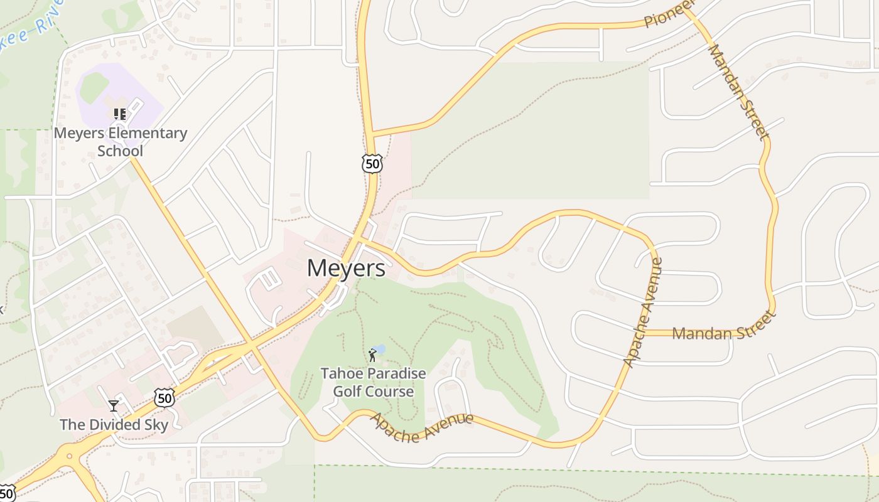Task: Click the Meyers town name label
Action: coord(346,269)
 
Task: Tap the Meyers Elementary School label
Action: coord(121,142)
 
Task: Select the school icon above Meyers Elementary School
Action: coord(119,114)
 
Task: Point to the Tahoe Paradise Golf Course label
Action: coord(373,383)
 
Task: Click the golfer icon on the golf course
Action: coord(373,355)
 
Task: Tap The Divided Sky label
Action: coord(114,425)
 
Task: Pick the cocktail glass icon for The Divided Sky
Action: coord(114,406)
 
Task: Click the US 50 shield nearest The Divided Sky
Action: coord(164,397)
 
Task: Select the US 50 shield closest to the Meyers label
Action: coord(372,164)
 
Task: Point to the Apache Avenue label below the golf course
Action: coord(421,427)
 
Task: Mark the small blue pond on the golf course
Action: coord(380,348)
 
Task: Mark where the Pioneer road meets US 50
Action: coord(371,134)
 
